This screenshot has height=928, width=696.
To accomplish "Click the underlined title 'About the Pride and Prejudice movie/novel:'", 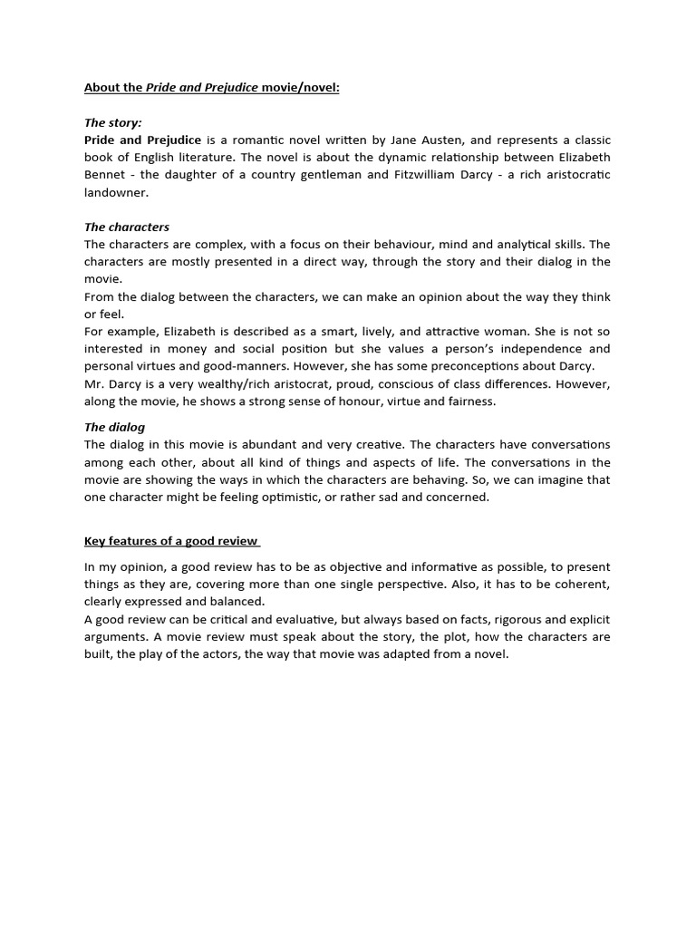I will click(211, 88).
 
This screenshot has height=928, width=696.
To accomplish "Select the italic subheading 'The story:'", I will click(112, 122).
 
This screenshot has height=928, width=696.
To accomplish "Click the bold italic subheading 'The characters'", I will click(127, 227).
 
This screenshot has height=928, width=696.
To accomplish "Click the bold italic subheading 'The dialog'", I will click(114, 427).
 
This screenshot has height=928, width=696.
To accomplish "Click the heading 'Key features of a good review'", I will click(171, 542).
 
